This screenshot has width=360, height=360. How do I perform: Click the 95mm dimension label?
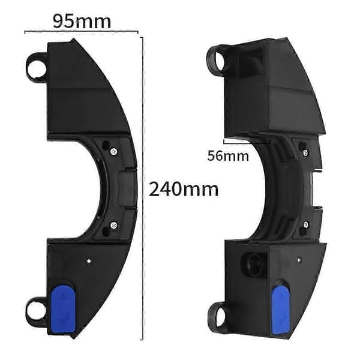[82, 22]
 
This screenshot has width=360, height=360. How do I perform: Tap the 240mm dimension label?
[184, 190]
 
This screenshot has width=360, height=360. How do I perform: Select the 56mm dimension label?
[228, 156]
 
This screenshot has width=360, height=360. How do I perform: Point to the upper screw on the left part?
[113, 151]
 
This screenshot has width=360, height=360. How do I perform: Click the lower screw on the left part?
[113, 225]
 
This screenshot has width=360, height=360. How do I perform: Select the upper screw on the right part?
[305, 152]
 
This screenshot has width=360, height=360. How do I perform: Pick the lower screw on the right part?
[305, 224]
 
